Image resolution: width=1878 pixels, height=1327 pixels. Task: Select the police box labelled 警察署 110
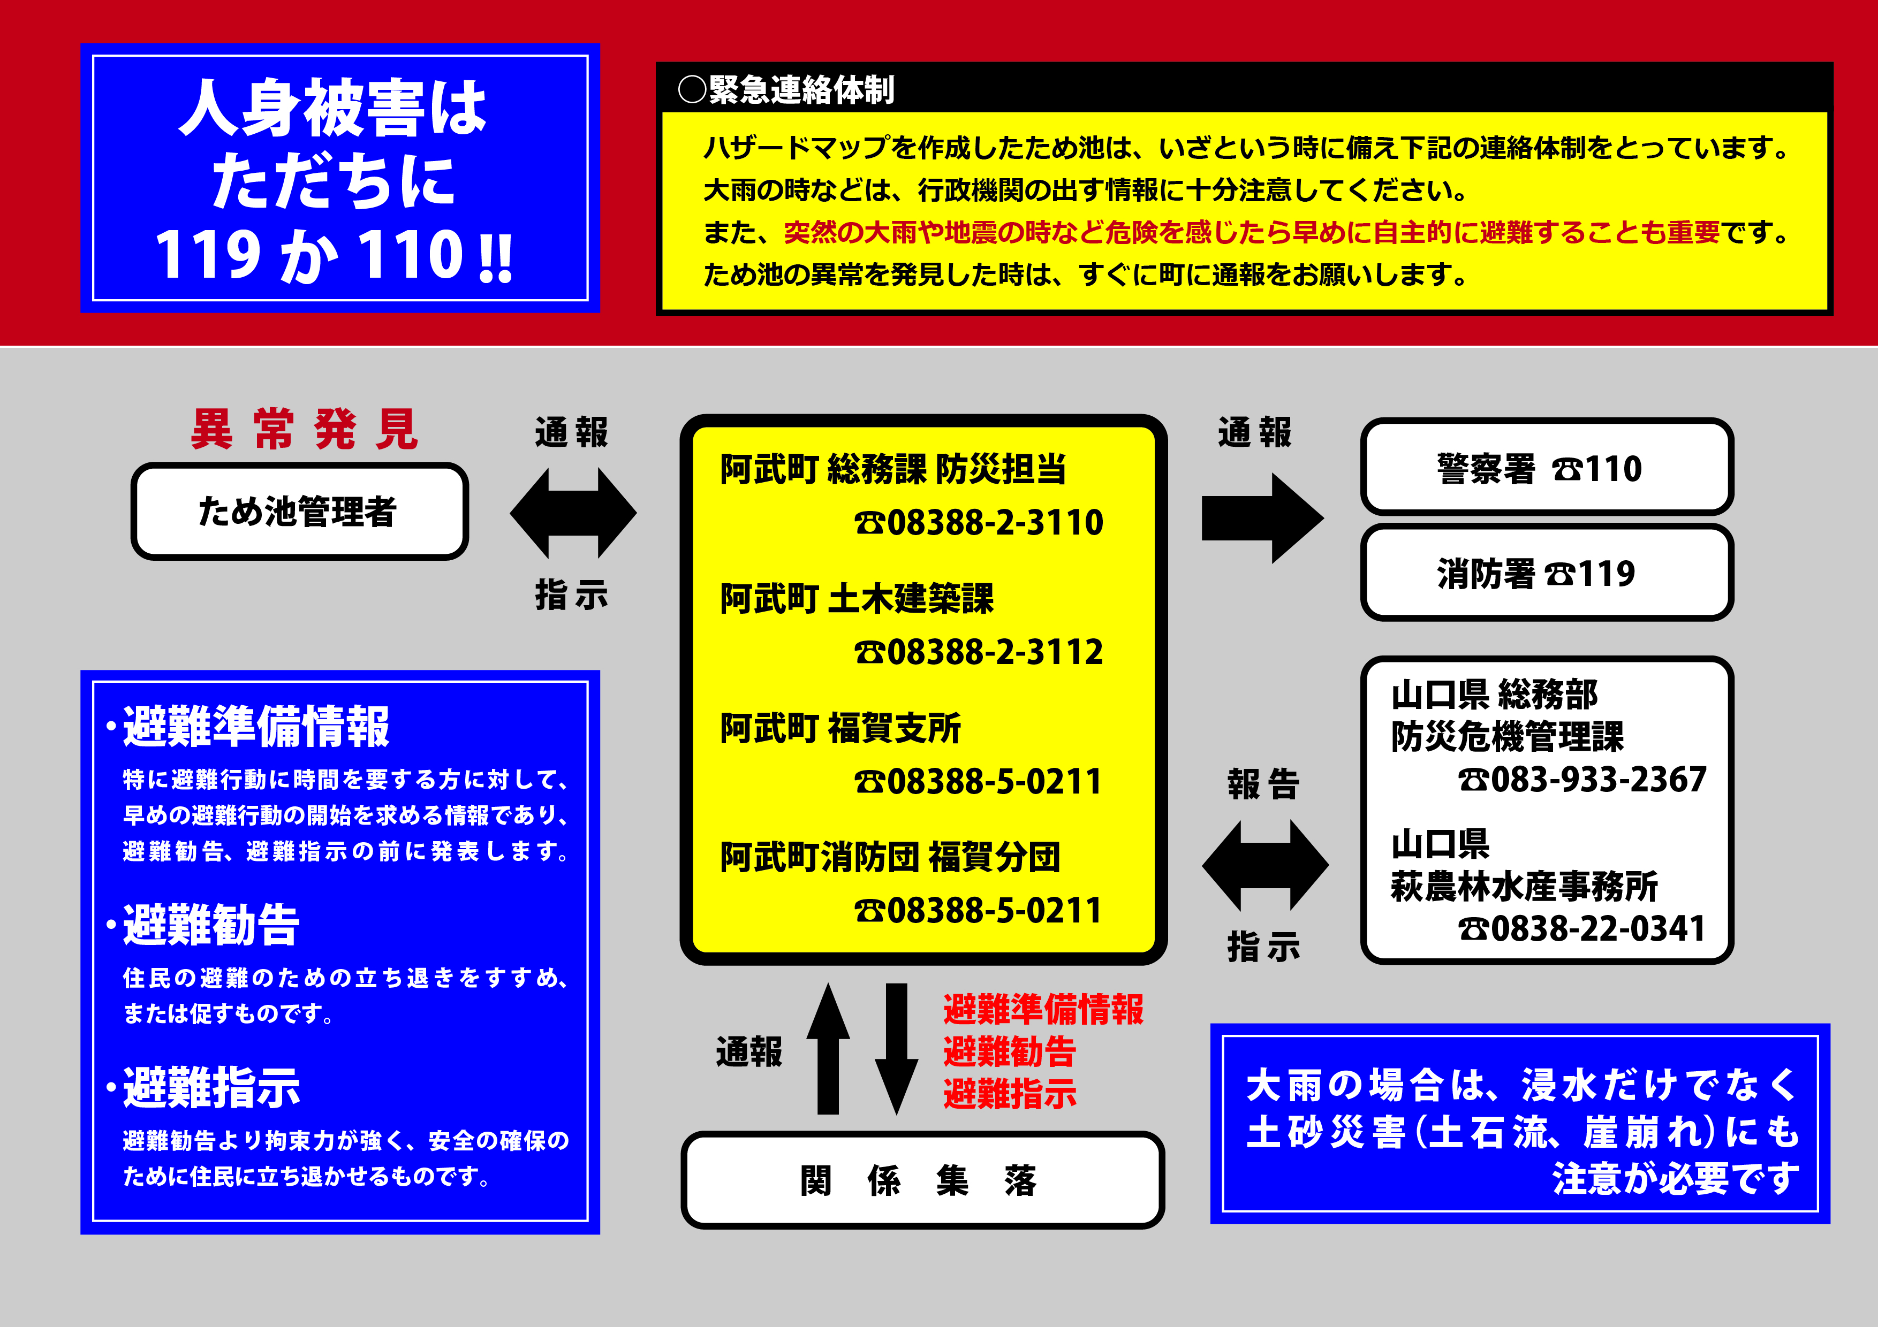pyautogui.click(x=1547, y=467)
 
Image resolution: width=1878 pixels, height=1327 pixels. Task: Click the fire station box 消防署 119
pyautogui.click(x=1547, y=573)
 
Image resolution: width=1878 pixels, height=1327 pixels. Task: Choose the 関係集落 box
pyautogui.click(x=922, y=1180)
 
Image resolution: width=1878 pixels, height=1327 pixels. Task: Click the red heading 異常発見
pyautogui.click(x=304, y=429)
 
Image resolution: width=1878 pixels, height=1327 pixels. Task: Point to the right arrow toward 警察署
pyautogui.click(x=1263, y=518)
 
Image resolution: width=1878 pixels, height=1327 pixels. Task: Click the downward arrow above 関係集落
pyautogui.click(x=897, y=1049)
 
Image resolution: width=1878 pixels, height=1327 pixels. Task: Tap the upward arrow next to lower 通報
pyautogui.click(x=828, y=1049)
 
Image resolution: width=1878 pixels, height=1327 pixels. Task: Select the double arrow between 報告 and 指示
pyautogui.click(x=1266, y=865)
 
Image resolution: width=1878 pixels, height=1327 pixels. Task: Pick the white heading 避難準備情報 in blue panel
pyautogui.click(x=256, y=726)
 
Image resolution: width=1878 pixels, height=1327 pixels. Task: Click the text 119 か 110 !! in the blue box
pyautogui.click(x=334, y=255)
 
